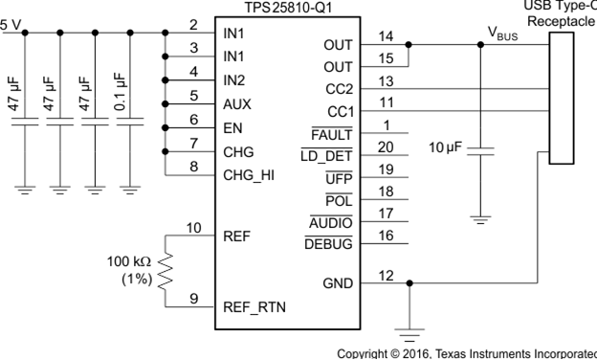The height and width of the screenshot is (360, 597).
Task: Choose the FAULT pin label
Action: click(x=334, y=131)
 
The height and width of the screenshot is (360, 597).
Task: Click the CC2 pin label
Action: click(x=339, y=89)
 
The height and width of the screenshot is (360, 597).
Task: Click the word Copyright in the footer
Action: click(x=359, y=352)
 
